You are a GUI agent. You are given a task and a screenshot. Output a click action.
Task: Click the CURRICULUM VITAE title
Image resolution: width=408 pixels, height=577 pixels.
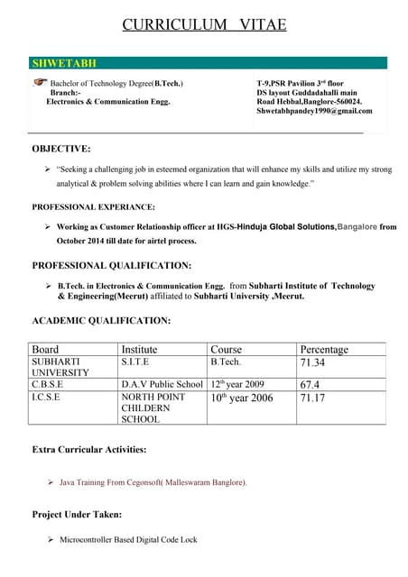point(204,24)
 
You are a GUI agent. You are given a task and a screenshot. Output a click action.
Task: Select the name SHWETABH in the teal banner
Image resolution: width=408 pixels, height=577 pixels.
point(64,63)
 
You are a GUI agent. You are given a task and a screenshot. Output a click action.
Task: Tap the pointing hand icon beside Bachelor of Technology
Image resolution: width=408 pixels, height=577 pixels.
point(39,82)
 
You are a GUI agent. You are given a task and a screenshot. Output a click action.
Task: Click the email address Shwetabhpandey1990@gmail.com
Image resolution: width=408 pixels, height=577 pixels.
point(313,111)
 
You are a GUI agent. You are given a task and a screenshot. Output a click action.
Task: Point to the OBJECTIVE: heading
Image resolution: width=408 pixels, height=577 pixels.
point(60,148)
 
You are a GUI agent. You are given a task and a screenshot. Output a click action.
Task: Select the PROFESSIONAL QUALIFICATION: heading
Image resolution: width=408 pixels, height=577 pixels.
point(111,265)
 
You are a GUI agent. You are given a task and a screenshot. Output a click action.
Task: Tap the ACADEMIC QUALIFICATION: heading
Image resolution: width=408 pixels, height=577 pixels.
point(101,320)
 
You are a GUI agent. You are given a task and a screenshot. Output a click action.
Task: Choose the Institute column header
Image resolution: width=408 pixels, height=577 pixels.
point(139,349)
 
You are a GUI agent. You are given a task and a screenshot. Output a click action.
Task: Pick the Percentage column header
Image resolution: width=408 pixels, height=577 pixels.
point(323,349)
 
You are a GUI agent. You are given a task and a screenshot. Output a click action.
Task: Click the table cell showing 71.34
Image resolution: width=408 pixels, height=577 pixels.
point(312,363)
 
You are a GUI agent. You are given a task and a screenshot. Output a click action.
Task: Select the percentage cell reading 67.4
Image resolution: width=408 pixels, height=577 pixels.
point(310,384)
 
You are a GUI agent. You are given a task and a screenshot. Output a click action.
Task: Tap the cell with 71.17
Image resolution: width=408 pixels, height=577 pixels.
point(311,398)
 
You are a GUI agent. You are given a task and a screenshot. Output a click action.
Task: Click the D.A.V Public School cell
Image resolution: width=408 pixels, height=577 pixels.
point(162,384)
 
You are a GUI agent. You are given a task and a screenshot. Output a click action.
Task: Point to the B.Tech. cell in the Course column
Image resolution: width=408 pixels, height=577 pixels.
point(226,362)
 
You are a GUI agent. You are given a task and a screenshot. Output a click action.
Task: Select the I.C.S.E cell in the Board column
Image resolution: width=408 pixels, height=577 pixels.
point(46,397)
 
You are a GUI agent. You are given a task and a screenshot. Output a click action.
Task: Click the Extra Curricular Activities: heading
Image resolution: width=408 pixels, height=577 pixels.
point(89,448)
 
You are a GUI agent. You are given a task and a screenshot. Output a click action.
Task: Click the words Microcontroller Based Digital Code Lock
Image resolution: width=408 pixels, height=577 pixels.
point(128,539)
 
